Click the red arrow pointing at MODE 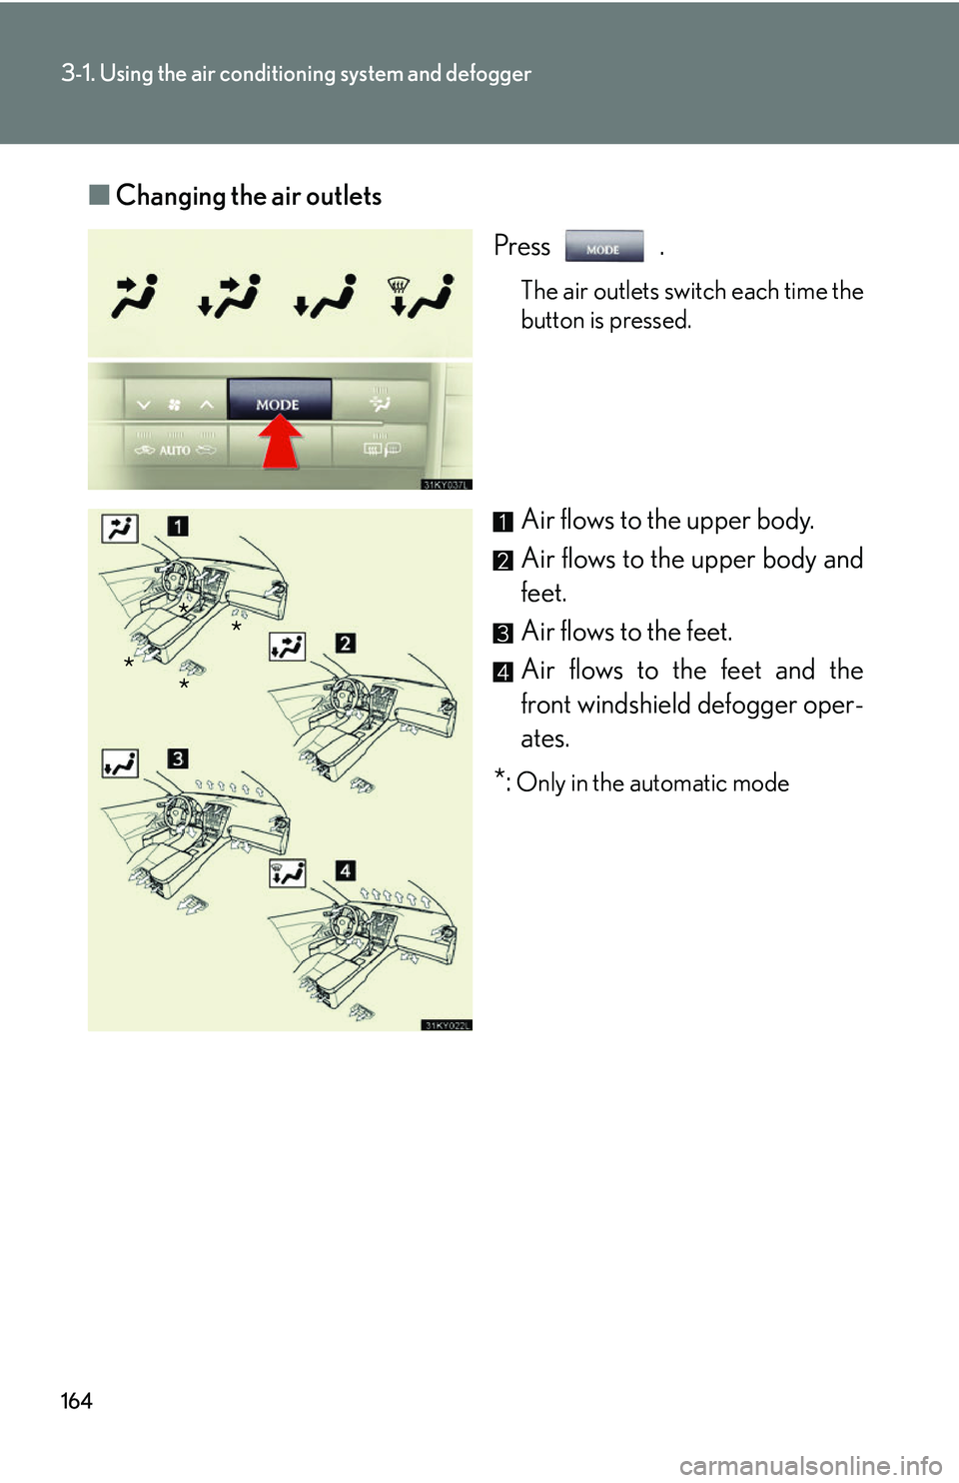[x=281, y=443]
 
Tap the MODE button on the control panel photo [x=279, y=400]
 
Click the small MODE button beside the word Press [x=603, y=247]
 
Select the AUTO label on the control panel [x=175, y=451]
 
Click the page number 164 [x=76, y=1401]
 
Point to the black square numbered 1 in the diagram [x=178, y=526]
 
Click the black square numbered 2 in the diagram [x=345, y=643]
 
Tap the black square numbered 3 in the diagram [x=178, y=758]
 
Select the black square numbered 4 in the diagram [x=345, y=870]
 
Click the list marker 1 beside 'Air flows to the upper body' [x=503, y=522]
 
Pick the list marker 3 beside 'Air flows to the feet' [x=503, y=634]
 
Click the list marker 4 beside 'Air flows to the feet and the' [x=503, y=672]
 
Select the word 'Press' [x=521, y=247]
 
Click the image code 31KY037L [x=446, y=485]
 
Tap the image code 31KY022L [x=446, y=1025]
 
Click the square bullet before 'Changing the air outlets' [x=98, y=195]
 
